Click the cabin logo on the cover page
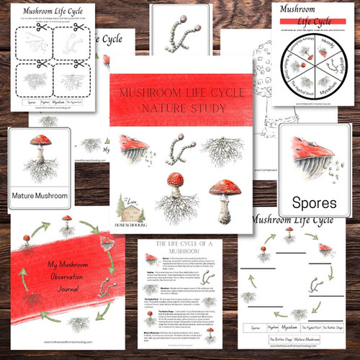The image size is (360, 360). coord(132,212)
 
